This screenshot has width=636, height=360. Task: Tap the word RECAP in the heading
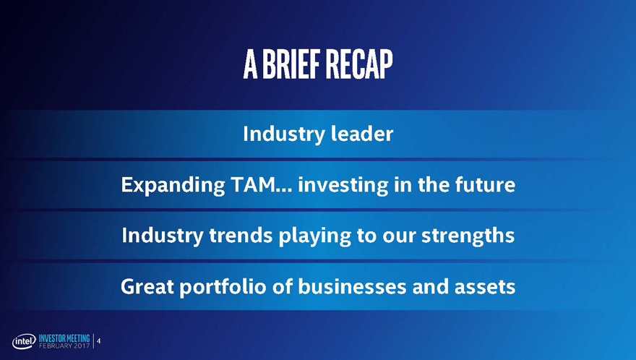[359, 64]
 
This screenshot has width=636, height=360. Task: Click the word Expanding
[173, 186]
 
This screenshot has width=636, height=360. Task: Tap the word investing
[343, 186]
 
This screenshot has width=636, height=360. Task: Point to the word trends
[241, 236]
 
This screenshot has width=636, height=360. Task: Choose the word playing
[315, 236]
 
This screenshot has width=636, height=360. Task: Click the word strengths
[468, 236]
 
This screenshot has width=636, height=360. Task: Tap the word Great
[147, 286]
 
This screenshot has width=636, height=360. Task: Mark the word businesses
[352, 286]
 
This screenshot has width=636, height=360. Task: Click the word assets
[485, 287]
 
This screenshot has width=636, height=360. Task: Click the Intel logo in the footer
[24, 342]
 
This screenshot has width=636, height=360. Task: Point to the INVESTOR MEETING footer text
[64, 338]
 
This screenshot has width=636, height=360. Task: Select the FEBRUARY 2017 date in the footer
[64, 346]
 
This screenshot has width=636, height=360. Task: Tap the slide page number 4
[98, 341]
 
